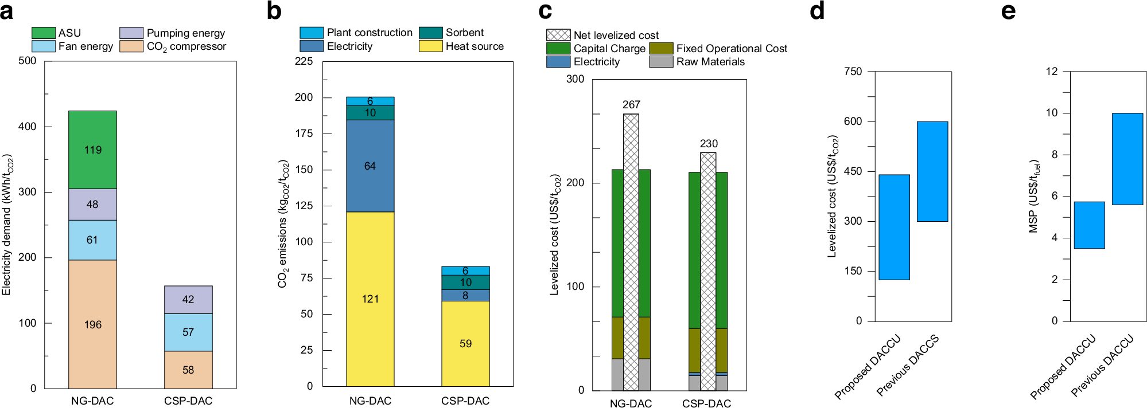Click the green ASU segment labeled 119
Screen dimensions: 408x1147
(x=92, y=150)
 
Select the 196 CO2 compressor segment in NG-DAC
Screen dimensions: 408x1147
(x=92, y=324)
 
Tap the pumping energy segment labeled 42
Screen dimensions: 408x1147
(x=188, y=299)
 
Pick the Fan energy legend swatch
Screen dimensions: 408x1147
(x=44, y=46)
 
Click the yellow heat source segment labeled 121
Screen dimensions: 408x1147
(x=370, y=299)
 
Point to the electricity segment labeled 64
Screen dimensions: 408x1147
(x=370, y=166)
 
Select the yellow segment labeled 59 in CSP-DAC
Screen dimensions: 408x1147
(x=465, y=343)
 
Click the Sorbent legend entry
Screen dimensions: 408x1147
(x=464, y=33)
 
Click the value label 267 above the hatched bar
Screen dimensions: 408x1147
(x=631, y=105)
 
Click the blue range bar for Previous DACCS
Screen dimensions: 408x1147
(x=932, y=171)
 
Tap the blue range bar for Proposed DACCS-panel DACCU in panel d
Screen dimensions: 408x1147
(x=894, y=227)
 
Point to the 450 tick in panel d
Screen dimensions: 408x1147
(x=853, y=171)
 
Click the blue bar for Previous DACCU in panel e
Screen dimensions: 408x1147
(x=1127, y=159)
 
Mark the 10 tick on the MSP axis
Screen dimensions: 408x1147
(x=1051, y=113)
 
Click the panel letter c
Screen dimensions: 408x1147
(x=545, y=11)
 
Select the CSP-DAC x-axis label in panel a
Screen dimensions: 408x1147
(x=188, y=401)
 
